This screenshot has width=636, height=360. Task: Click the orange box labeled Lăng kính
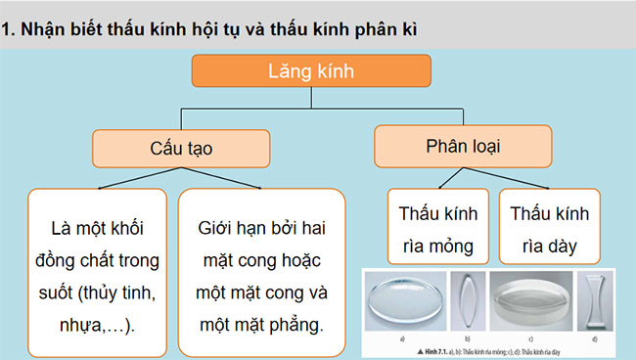310,72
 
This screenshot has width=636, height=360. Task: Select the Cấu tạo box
180,148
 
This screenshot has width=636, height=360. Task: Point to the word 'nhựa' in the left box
71,322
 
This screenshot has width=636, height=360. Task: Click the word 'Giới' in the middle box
217,229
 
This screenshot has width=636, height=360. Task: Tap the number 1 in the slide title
9,28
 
